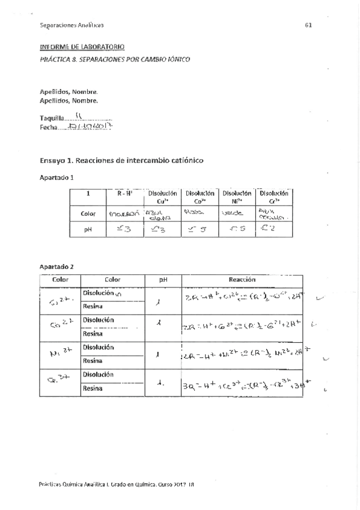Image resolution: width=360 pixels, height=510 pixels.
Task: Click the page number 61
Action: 308,25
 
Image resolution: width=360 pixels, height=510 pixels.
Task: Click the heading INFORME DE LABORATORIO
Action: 82,46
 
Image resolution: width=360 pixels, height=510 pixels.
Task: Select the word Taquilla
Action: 51,118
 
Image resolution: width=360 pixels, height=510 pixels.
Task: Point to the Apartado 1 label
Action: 57,178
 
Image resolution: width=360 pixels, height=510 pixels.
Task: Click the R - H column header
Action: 125,194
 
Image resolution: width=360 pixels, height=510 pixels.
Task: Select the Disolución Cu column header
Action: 162,197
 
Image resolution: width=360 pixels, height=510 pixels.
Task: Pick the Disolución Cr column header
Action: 273,197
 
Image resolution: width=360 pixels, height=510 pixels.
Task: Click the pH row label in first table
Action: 88,229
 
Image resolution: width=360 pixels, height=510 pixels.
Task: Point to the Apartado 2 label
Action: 57,266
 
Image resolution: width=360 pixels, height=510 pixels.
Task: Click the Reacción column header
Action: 242,280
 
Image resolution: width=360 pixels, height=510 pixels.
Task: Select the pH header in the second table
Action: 163,280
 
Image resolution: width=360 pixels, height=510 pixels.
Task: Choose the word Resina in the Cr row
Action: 93,388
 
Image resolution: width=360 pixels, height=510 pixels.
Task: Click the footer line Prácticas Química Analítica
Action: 117,484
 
